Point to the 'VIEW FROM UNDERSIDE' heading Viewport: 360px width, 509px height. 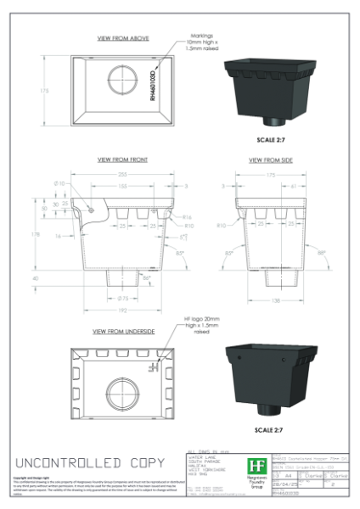pyautogui.click(x=122, y=331)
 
